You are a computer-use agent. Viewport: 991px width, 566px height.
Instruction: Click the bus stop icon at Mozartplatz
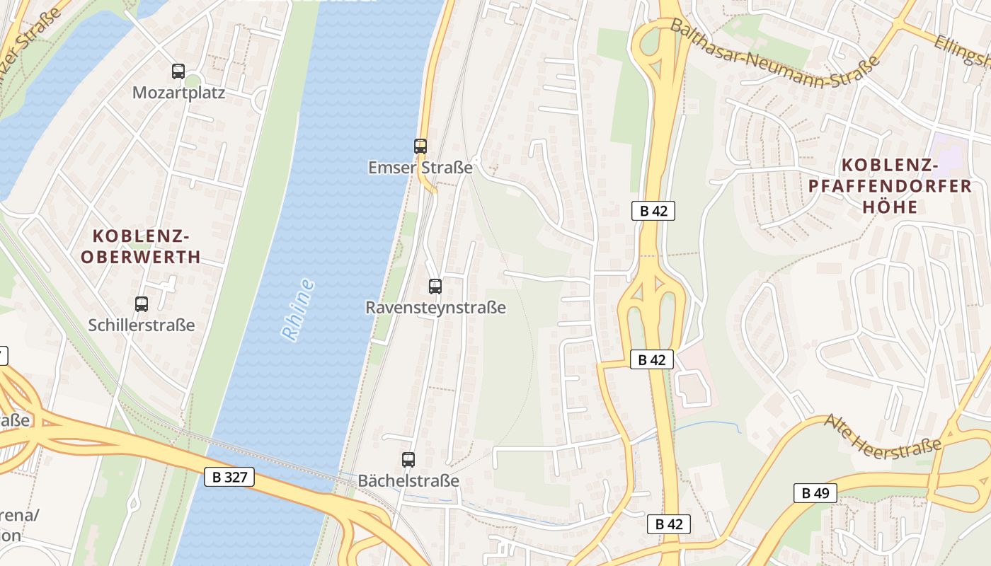178,71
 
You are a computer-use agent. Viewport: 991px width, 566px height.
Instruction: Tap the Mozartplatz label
178,93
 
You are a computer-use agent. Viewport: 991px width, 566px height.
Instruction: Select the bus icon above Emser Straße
420,146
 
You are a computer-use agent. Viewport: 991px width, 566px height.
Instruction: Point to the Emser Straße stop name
420,168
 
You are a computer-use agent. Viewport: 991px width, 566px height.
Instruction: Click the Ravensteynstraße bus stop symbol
435,287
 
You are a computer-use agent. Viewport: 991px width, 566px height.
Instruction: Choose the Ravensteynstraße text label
435,308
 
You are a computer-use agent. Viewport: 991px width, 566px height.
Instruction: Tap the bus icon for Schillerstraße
142,304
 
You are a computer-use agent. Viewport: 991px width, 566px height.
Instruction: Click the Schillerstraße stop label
142,325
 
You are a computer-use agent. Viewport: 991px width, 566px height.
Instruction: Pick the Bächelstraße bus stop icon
408,460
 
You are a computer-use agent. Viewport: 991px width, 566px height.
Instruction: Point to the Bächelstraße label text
408,481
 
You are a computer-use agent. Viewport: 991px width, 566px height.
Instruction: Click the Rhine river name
298,310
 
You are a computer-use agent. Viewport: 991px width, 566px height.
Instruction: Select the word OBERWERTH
141,256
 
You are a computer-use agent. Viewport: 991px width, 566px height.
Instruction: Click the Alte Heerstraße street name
883,439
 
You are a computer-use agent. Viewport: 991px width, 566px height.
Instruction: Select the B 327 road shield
230,477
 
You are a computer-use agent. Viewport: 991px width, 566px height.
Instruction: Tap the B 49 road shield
815,493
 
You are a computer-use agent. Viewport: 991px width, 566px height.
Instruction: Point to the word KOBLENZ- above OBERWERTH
141,236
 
